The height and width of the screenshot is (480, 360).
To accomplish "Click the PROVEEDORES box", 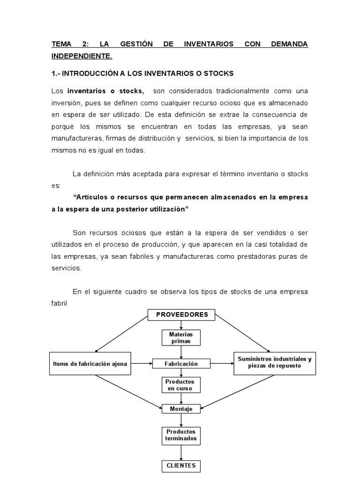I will coord(181,315).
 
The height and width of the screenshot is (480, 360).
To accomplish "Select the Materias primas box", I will coord(181,337).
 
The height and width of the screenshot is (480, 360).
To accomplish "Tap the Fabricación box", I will coord(181,364).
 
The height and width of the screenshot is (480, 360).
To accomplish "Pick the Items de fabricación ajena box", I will coord(90,364).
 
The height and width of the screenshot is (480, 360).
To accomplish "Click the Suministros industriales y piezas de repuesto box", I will coord(274,363).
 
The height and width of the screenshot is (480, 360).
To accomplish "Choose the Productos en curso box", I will coord(181,385).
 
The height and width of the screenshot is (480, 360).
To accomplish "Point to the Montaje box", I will coord(181,409).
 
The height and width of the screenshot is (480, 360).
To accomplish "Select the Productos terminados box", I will coord(181,435).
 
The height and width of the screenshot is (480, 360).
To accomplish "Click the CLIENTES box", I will coord(181,466).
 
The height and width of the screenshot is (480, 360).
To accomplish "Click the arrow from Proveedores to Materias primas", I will coord(181,325).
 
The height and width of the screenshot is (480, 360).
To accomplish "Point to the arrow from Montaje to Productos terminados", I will coord(181,420).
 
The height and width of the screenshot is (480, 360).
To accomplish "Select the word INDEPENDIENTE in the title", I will coord(82,56).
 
